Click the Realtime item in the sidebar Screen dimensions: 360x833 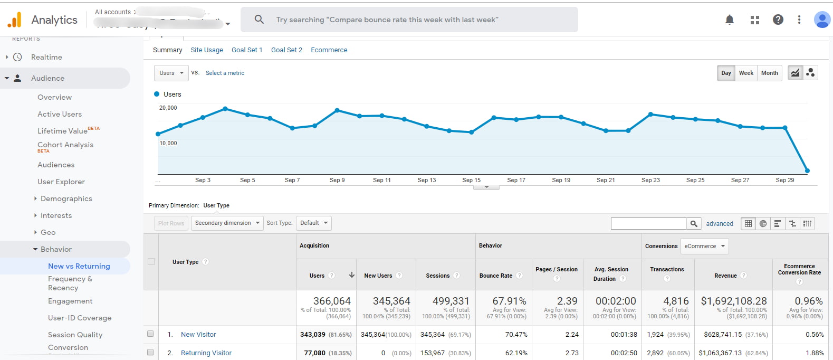[x=46, y=57]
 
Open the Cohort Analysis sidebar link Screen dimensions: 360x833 [x=65, y=145]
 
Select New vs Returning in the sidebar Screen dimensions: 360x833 [x=79, y=266]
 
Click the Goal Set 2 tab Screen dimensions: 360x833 [x=286, y=50]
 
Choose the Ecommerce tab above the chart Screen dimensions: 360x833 [x=329, y=50]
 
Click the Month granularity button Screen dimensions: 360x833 [x=769, y=73]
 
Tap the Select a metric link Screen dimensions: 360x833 [x=225, y=73]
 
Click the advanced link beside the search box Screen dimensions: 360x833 [x=720, y=224]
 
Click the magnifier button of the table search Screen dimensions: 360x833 [x=694, y=224]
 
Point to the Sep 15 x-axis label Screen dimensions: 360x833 [x=471, y=180]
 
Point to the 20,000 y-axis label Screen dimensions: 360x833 [x=168, y=108]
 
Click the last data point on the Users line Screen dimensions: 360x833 [x=807, y=170]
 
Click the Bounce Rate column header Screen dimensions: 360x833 [x=496, y=276]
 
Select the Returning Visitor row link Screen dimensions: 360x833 [x=206, y=353]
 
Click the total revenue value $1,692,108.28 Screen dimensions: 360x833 [x=733, y=301]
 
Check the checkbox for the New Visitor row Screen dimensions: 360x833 [x=150, y=334]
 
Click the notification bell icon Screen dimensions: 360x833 [x=730, y=20]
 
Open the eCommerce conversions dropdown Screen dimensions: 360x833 [x=705, y=246]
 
